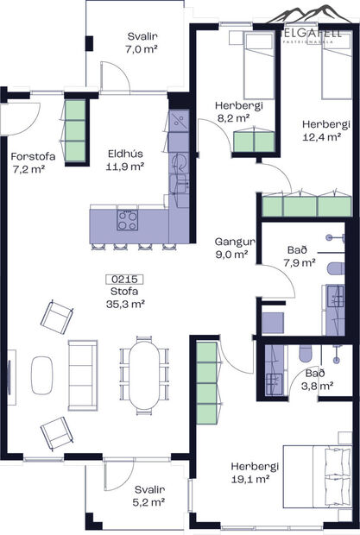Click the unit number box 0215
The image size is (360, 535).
coord(124,280)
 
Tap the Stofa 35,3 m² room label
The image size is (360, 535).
coord(124,298)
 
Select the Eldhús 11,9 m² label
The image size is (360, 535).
coord(124,160)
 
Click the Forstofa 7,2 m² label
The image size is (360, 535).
coord(31,162)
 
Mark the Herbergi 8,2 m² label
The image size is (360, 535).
coord(232,112)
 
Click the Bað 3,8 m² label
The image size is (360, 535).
coord(314,380)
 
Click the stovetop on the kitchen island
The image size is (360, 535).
coord(127,219)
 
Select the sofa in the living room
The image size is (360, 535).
coord(82,373)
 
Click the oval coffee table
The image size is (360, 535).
coord(42,374)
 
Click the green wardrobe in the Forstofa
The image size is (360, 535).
coord(76,131)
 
